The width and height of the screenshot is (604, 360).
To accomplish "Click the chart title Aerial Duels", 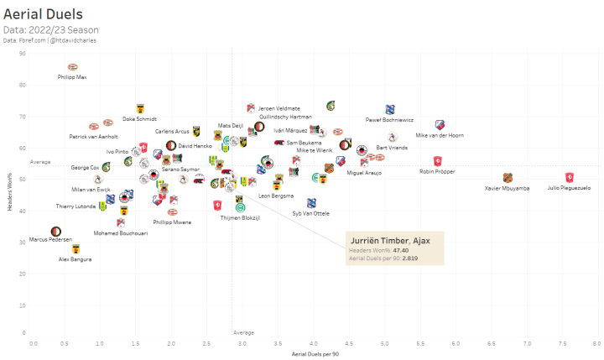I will point(42,15).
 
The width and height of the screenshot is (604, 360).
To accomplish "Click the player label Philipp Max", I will point(71,77).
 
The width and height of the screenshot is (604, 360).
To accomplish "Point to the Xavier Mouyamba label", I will point(508,188).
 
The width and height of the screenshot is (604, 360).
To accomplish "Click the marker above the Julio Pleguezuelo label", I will point(569,177).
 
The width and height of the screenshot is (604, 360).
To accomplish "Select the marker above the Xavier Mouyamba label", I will point(508,178).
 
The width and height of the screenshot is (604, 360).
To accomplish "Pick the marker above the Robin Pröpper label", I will point(438,161).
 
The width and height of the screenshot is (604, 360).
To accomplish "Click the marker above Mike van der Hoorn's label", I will point(440,125).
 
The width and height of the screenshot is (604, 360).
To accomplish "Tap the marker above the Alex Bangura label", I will point(75,249).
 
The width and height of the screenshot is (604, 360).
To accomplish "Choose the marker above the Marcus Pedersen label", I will point(56,231).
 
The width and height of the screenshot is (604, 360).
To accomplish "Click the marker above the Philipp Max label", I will point(72,67).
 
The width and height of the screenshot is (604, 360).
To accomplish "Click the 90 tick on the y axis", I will point(23,54).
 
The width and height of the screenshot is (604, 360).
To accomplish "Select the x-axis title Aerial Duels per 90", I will point(314,354).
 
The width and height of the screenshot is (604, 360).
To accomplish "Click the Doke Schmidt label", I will point(139,119).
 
